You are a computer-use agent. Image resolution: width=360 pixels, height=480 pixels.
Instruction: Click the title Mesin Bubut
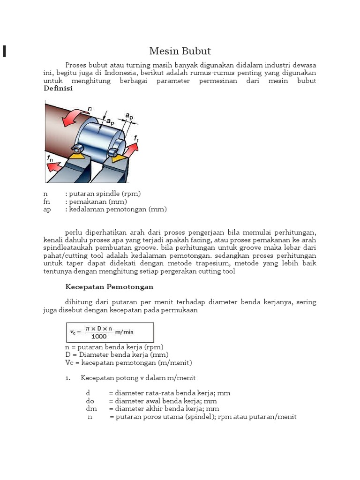click(x=180, y=51)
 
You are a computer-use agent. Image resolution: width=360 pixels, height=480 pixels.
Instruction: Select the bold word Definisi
click(x=58, y=89)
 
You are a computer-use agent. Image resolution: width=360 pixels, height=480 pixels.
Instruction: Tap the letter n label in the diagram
click(x=89, y=108)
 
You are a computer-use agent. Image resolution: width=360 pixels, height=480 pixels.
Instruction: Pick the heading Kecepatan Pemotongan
click(x=109, y=286)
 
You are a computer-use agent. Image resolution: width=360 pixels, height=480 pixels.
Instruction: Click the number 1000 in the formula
click(x=99, y=336)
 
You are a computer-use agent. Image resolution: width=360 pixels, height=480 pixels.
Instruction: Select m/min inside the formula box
click(x=124, y=332)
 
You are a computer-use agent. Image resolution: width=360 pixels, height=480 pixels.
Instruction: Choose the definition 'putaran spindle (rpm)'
click(x=105, y=194)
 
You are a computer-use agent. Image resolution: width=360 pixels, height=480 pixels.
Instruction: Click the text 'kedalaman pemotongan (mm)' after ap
click(x=118, y=209)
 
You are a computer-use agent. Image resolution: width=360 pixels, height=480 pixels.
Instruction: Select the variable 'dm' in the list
click(x=90, y=409)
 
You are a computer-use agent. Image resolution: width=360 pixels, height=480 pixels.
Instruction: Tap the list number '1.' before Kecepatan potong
click(x=68, y=378)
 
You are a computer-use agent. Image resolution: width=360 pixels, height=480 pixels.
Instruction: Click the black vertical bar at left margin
click(x=4, y=51)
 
